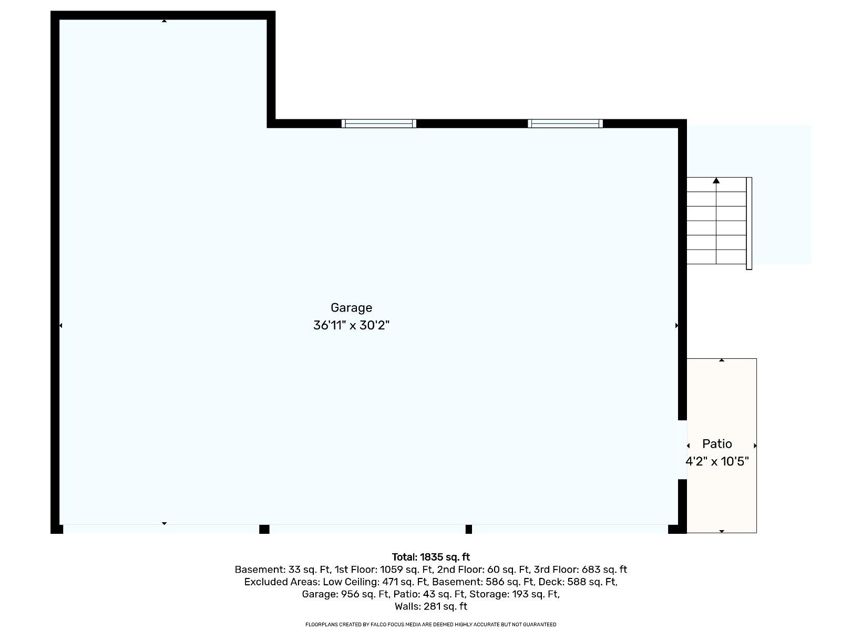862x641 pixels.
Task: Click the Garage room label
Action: tap(351, 308)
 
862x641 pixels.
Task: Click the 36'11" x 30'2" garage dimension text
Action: tap(351, 326)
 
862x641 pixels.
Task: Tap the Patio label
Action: tap(717, 444)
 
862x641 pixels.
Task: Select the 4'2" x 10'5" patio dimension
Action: tap(717, 462)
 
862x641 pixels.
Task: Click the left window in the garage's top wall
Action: tap(378, 123)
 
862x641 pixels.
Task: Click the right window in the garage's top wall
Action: tap(565, 123)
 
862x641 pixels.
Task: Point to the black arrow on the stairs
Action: tap(716, 181)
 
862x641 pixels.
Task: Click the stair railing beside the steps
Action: tap(749, 223)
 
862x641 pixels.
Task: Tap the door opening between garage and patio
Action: tap(682, 450)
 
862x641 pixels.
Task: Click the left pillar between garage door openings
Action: tap(264, 529)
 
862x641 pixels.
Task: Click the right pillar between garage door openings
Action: tap(468, 529)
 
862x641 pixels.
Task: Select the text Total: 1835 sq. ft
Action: tap(430, 557)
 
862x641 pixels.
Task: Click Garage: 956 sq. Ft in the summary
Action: tap(345, 594)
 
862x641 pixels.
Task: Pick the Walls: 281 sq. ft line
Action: tap(430, 606)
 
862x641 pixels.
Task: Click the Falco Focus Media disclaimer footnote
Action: tap(430, 625)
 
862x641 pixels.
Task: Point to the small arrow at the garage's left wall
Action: tap(60, 326)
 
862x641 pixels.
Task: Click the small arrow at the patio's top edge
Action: tap(722, 360)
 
